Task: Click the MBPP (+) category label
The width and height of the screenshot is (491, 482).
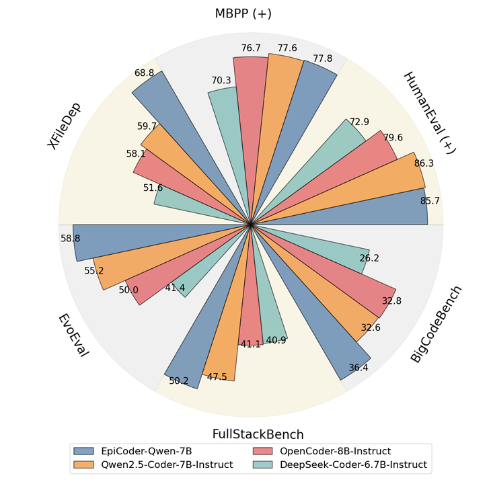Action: point(243,13)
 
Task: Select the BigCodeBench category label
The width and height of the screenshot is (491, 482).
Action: point(437,325)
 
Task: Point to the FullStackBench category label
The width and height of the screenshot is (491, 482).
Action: point(258,434)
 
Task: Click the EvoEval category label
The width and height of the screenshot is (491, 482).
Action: point(73,335)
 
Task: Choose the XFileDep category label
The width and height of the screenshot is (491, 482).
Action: point(65,126)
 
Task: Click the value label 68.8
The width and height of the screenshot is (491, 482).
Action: point(145,73)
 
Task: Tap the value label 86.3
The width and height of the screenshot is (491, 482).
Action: point(423,163)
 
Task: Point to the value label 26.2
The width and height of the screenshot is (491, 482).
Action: point(369,257)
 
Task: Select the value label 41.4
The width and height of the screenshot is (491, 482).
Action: point(175,288)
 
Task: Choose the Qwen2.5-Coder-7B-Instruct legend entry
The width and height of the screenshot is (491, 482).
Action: point(155,464)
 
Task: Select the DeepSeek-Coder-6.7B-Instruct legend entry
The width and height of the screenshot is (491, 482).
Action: point(336,464)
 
